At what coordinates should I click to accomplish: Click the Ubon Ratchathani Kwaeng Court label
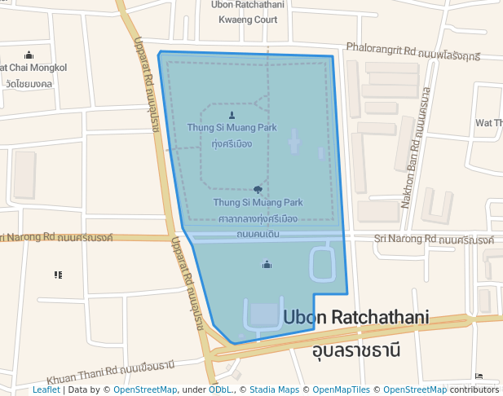[247, 12]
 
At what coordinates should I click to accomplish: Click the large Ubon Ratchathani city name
[355, 317]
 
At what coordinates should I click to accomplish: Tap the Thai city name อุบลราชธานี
[356, 351]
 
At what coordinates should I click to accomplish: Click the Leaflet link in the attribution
[46, 390]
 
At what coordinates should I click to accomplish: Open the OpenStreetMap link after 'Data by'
[144, 390]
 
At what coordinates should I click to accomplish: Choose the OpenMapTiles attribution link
[343, 390]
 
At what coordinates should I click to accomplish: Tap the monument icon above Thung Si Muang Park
[232, 114]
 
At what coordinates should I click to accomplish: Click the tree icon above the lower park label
[258, 189]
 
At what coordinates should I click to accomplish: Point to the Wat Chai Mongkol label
[33, 68]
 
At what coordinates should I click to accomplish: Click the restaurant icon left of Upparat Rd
[58, 275]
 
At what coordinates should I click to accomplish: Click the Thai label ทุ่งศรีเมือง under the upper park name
[232, 143]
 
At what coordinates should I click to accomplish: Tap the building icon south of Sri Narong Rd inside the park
[267, 264]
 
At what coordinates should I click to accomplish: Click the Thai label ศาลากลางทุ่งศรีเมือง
[258, 219]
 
